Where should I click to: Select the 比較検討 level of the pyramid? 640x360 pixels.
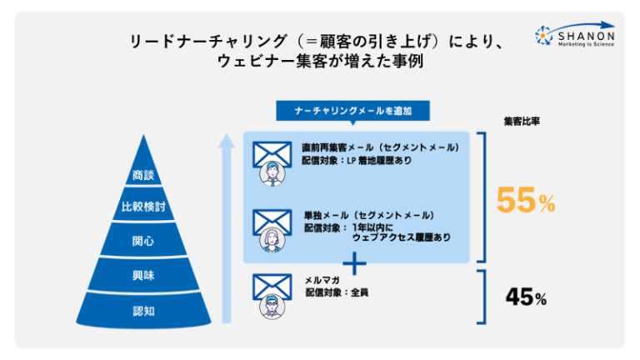pyautogui.click(x=143, y=207)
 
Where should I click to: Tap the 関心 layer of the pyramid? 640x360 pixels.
pyautogui.click(x=143, y=241)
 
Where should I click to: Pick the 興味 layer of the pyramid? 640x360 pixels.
pyautogui.click(x=143, y=275)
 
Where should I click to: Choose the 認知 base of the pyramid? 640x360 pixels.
pyautogui.click(x=143, y=311)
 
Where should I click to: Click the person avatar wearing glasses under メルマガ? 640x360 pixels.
pyautogui.click(x=271, y=307)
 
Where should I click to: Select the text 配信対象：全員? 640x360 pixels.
pyautogui.click(x=336, y=293)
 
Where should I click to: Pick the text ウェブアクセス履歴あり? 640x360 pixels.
pyautogui.click(x=401, y=237)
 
